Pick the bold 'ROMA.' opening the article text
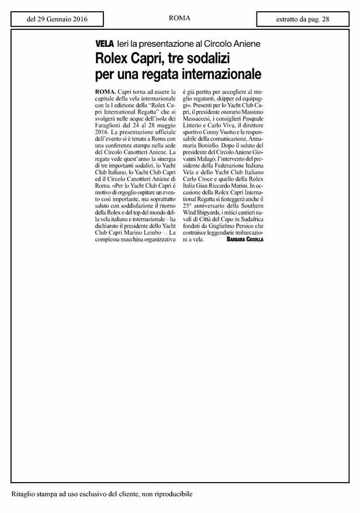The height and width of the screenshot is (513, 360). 105,93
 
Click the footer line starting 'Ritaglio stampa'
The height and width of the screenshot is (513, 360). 102,495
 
